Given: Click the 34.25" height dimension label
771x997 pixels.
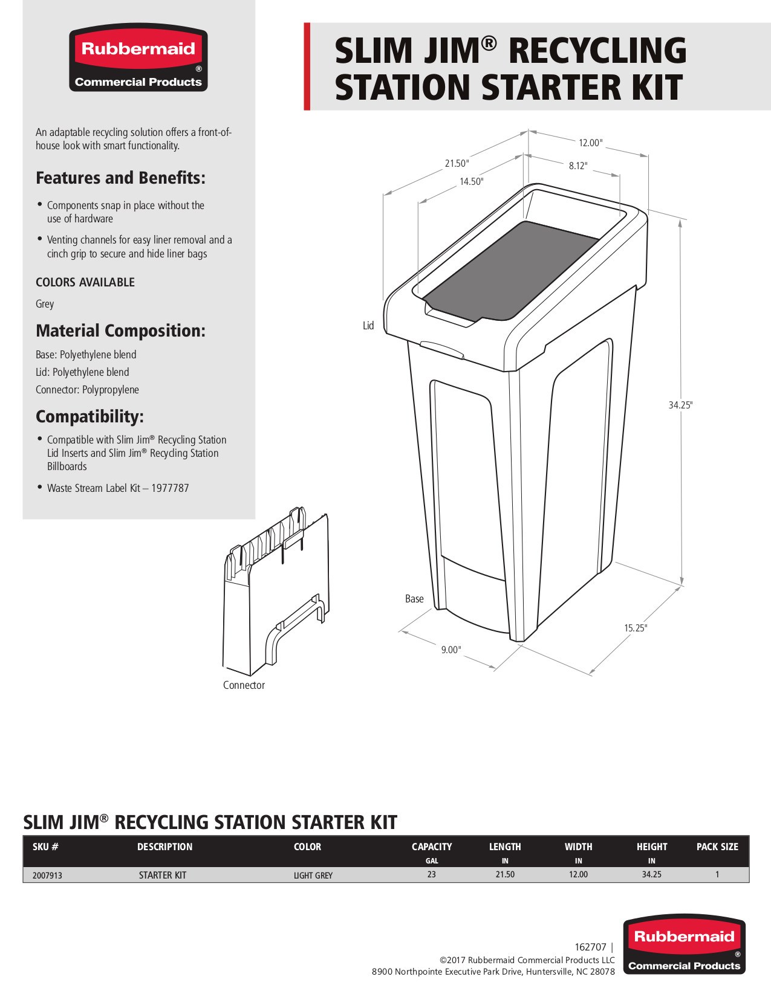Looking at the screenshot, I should coord(680,405).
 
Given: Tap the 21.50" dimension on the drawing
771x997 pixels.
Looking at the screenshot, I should coord(457,163).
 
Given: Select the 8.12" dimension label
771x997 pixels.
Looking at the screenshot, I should coord(577,166).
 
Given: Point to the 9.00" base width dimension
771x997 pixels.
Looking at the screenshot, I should coord(451,650).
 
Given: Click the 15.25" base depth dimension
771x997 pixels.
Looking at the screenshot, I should coord(635,628).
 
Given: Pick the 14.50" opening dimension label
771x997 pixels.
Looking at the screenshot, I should coord(471,181).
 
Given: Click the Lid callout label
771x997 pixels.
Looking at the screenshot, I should coord(368,326).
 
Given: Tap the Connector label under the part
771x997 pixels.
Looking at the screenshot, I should coord(244,685).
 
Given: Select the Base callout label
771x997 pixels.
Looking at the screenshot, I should coord(414,599).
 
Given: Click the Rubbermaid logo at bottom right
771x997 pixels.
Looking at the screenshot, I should coord(684,944).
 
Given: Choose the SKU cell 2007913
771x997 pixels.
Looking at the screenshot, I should coord(47,875).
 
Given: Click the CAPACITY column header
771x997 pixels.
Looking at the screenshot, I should coord(431,847).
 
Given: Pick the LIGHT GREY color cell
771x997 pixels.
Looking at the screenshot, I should coord(313,875).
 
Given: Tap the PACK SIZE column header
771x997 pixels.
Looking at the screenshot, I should coord(717,847).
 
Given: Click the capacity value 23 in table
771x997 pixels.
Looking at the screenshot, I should coord(431,874).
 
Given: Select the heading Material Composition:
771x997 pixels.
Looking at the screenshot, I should coord(120,331).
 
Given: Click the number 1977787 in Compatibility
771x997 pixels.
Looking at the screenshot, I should coord(170,488).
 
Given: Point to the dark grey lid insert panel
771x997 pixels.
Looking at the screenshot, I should coord(511,269).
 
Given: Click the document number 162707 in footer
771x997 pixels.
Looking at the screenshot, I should coord(590,947).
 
